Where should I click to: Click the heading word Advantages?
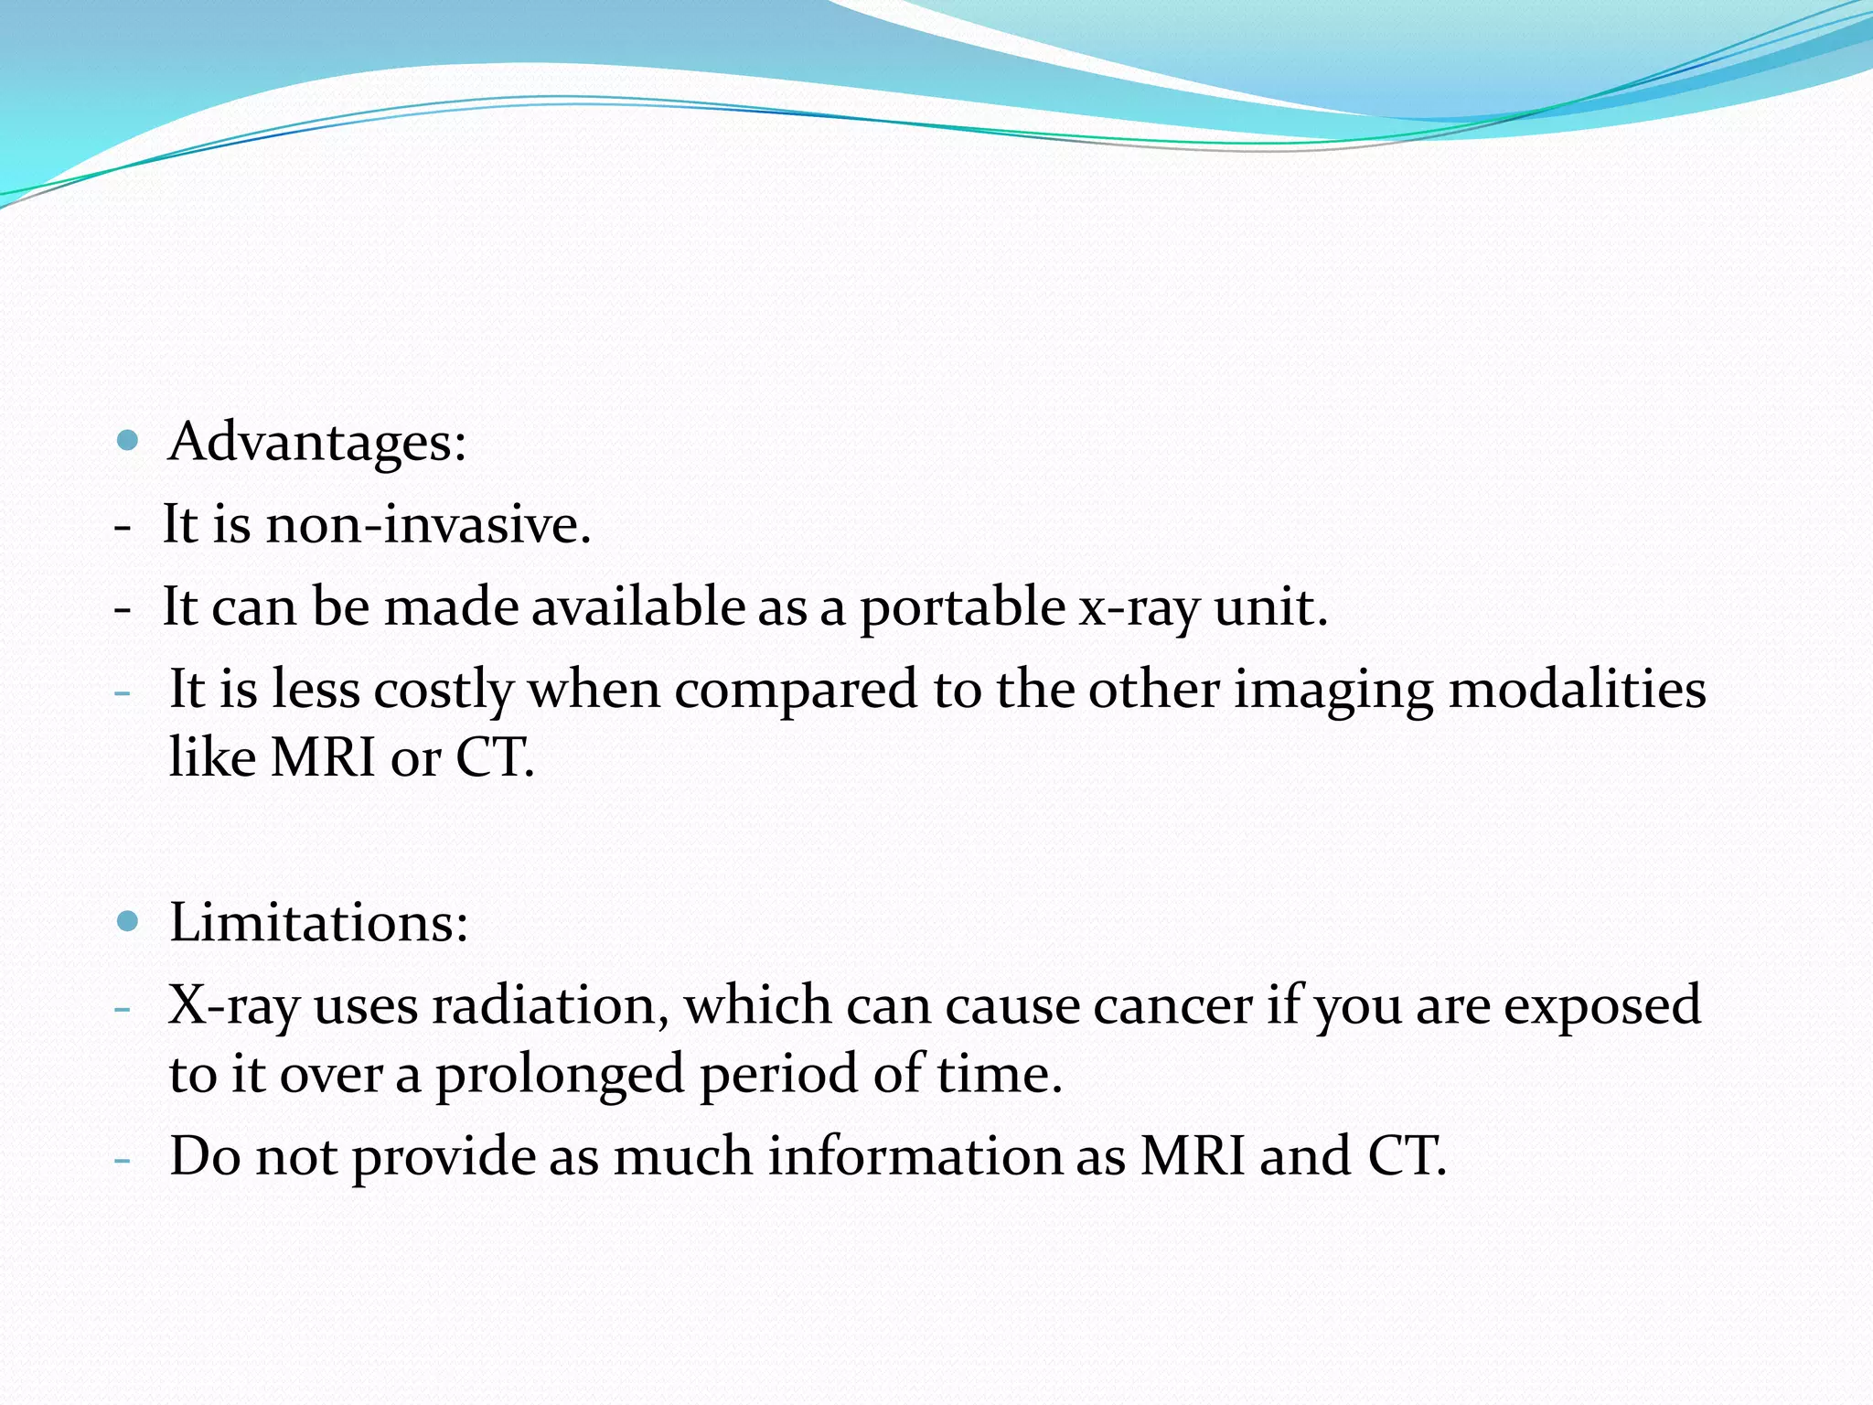[x=316, y=443]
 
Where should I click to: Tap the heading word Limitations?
[x=318, y=922]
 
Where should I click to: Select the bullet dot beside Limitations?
[x=128, y=921]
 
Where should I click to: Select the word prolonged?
[x=559, y=1076]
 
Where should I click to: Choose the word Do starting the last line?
[x=205, y=1156]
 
